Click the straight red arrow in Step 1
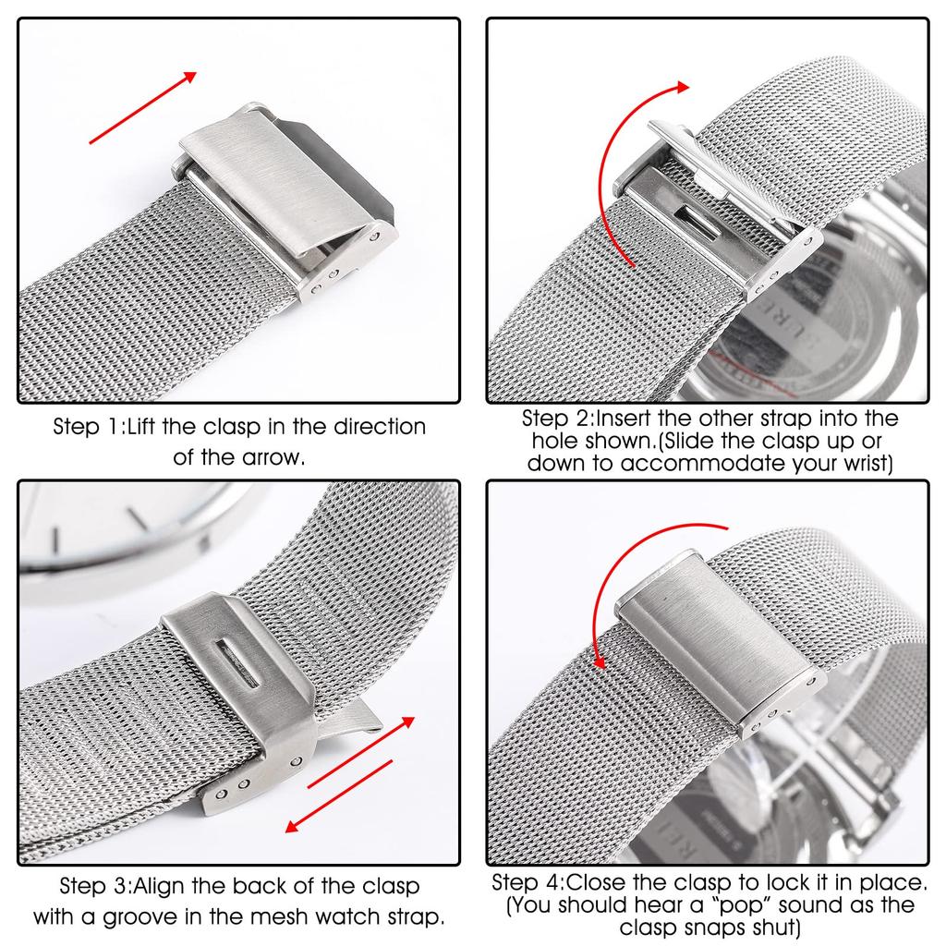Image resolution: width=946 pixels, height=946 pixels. tap(143, 108)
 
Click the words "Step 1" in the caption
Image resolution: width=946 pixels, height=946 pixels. tap(87, 428)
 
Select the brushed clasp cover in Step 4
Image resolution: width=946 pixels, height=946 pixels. tap(711, 637)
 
